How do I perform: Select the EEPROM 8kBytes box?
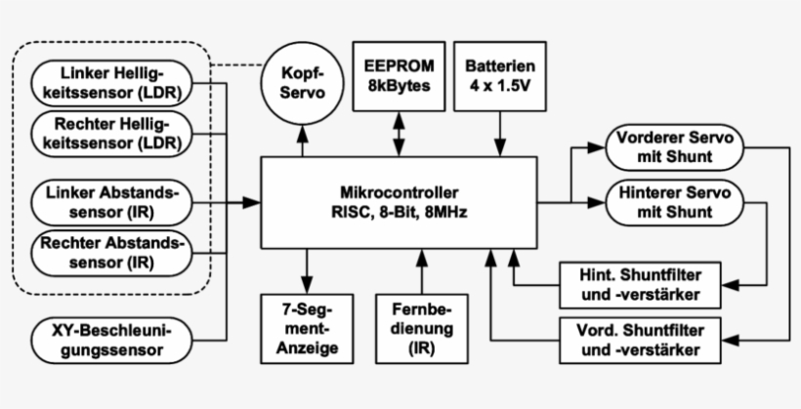(399, 77)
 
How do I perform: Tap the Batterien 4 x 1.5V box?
(500, 77)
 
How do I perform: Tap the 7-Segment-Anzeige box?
(309, 327)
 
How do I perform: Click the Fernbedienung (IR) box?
(421, 327)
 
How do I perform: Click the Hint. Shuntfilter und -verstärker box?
(643, 283)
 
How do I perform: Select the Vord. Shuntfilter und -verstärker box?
(643, 338)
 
